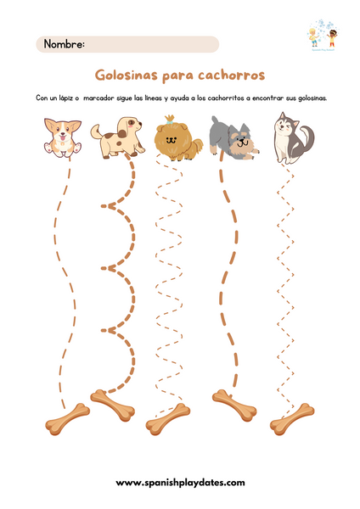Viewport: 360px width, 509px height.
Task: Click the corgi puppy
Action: [61, 137]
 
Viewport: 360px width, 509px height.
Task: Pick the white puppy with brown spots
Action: [117, 137]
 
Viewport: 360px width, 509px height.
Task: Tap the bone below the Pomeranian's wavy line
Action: [167, 418]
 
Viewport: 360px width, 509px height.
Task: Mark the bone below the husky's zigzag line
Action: [291, 417]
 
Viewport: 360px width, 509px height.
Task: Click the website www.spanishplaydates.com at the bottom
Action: [180, 482]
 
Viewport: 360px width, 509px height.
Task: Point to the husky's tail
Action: [307, 136]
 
